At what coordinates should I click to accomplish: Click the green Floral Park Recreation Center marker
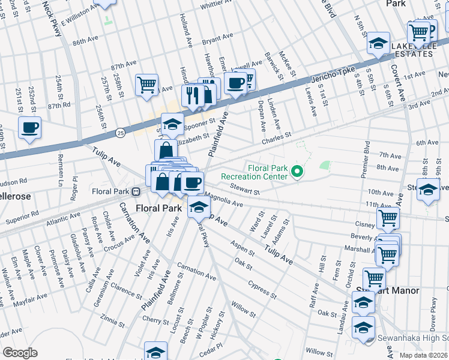click(x=296, y=173)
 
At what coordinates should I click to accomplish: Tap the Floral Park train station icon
click(x=136, y=192)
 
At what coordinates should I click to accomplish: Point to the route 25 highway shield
click(x=121, y=131)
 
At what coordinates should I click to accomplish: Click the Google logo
click(x=19, y=353)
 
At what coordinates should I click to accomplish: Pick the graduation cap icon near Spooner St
click(x=173, y=124)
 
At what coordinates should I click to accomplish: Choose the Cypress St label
click(x=262, y=289)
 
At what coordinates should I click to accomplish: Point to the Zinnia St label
click(x=113, y=316)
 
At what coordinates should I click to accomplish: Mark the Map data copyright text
click(x=423, y=355)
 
